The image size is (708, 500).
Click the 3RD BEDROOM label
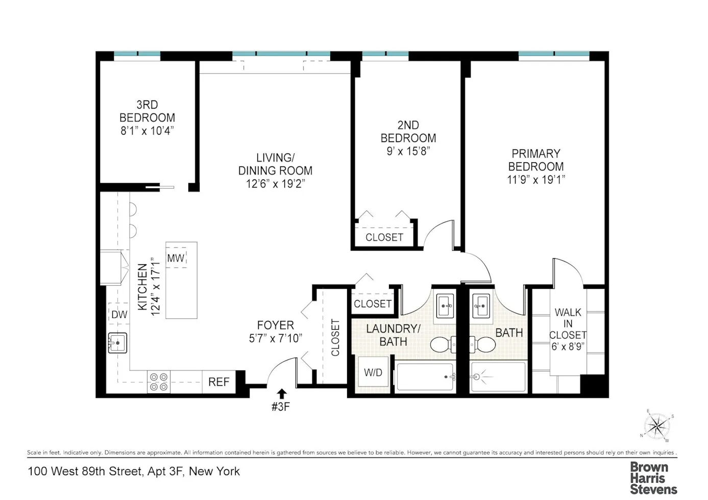(x=147, y=111)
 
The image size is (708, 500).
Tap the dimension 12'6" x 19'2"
(x=275, y=184)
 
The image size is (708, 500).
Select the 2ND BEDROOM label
(x=408, y=132)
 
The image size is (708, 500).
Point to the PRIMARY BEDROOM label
(x=536, y=160)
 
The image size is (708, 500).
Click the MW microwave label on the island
(x=176, y=258)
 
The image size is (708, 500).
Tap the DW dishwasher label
(x=119, y=315)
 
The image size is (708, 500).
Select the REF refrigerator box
(x=218, y=382)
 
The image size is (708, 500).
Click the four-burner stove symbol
(x=158, y=382)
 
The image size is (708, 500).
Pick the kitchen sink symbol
(x=117, y=343)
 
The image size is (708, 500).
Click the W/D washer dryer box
(x=373, y=373)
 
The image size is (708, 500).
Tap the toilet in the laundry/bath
(x=443, y=345)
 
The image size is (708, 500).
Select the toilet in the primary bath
(x=482, y=345)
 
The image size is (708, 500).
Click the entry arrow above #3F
(x=281, y=393)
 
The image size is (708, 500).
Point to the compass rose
(x=656, y=426)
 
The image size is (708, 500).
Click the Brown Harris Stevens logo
(x=653, y=478)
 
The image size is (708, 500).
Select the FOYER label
(x=275, y=325)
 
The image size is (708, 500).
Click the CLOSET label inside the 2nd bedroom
(x=384, y=237)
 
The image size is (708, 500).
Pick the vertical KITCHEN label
(x=142, y=287)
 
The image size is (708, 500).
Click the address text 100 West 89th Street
(x=85, y=471)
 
